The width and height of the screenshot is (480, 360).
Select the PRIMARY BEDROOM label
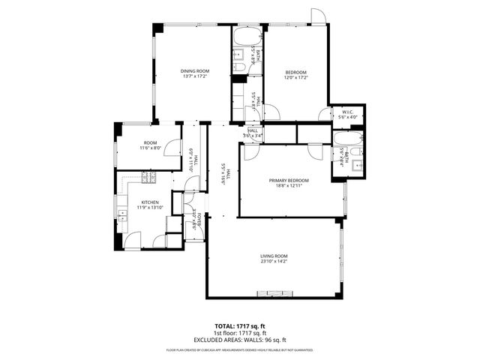point(289,180)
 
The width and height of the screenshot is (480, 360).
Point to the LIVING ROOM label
point(274,256)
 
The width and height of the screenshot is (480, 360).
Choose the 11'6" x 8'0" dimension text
point(151,148)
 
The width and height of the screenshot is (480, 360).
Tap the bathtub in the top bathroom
point(246,37)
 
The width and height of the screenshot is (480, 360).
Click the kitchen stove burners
point(148,177)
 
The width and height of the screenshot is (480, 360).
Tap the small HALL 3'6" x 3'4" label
point(253,133)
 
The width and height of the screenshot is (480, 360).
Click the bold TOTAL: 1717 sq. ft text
point(240,326)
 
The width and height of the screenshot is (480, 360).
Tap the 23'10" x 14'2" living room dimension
point(274,262)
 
